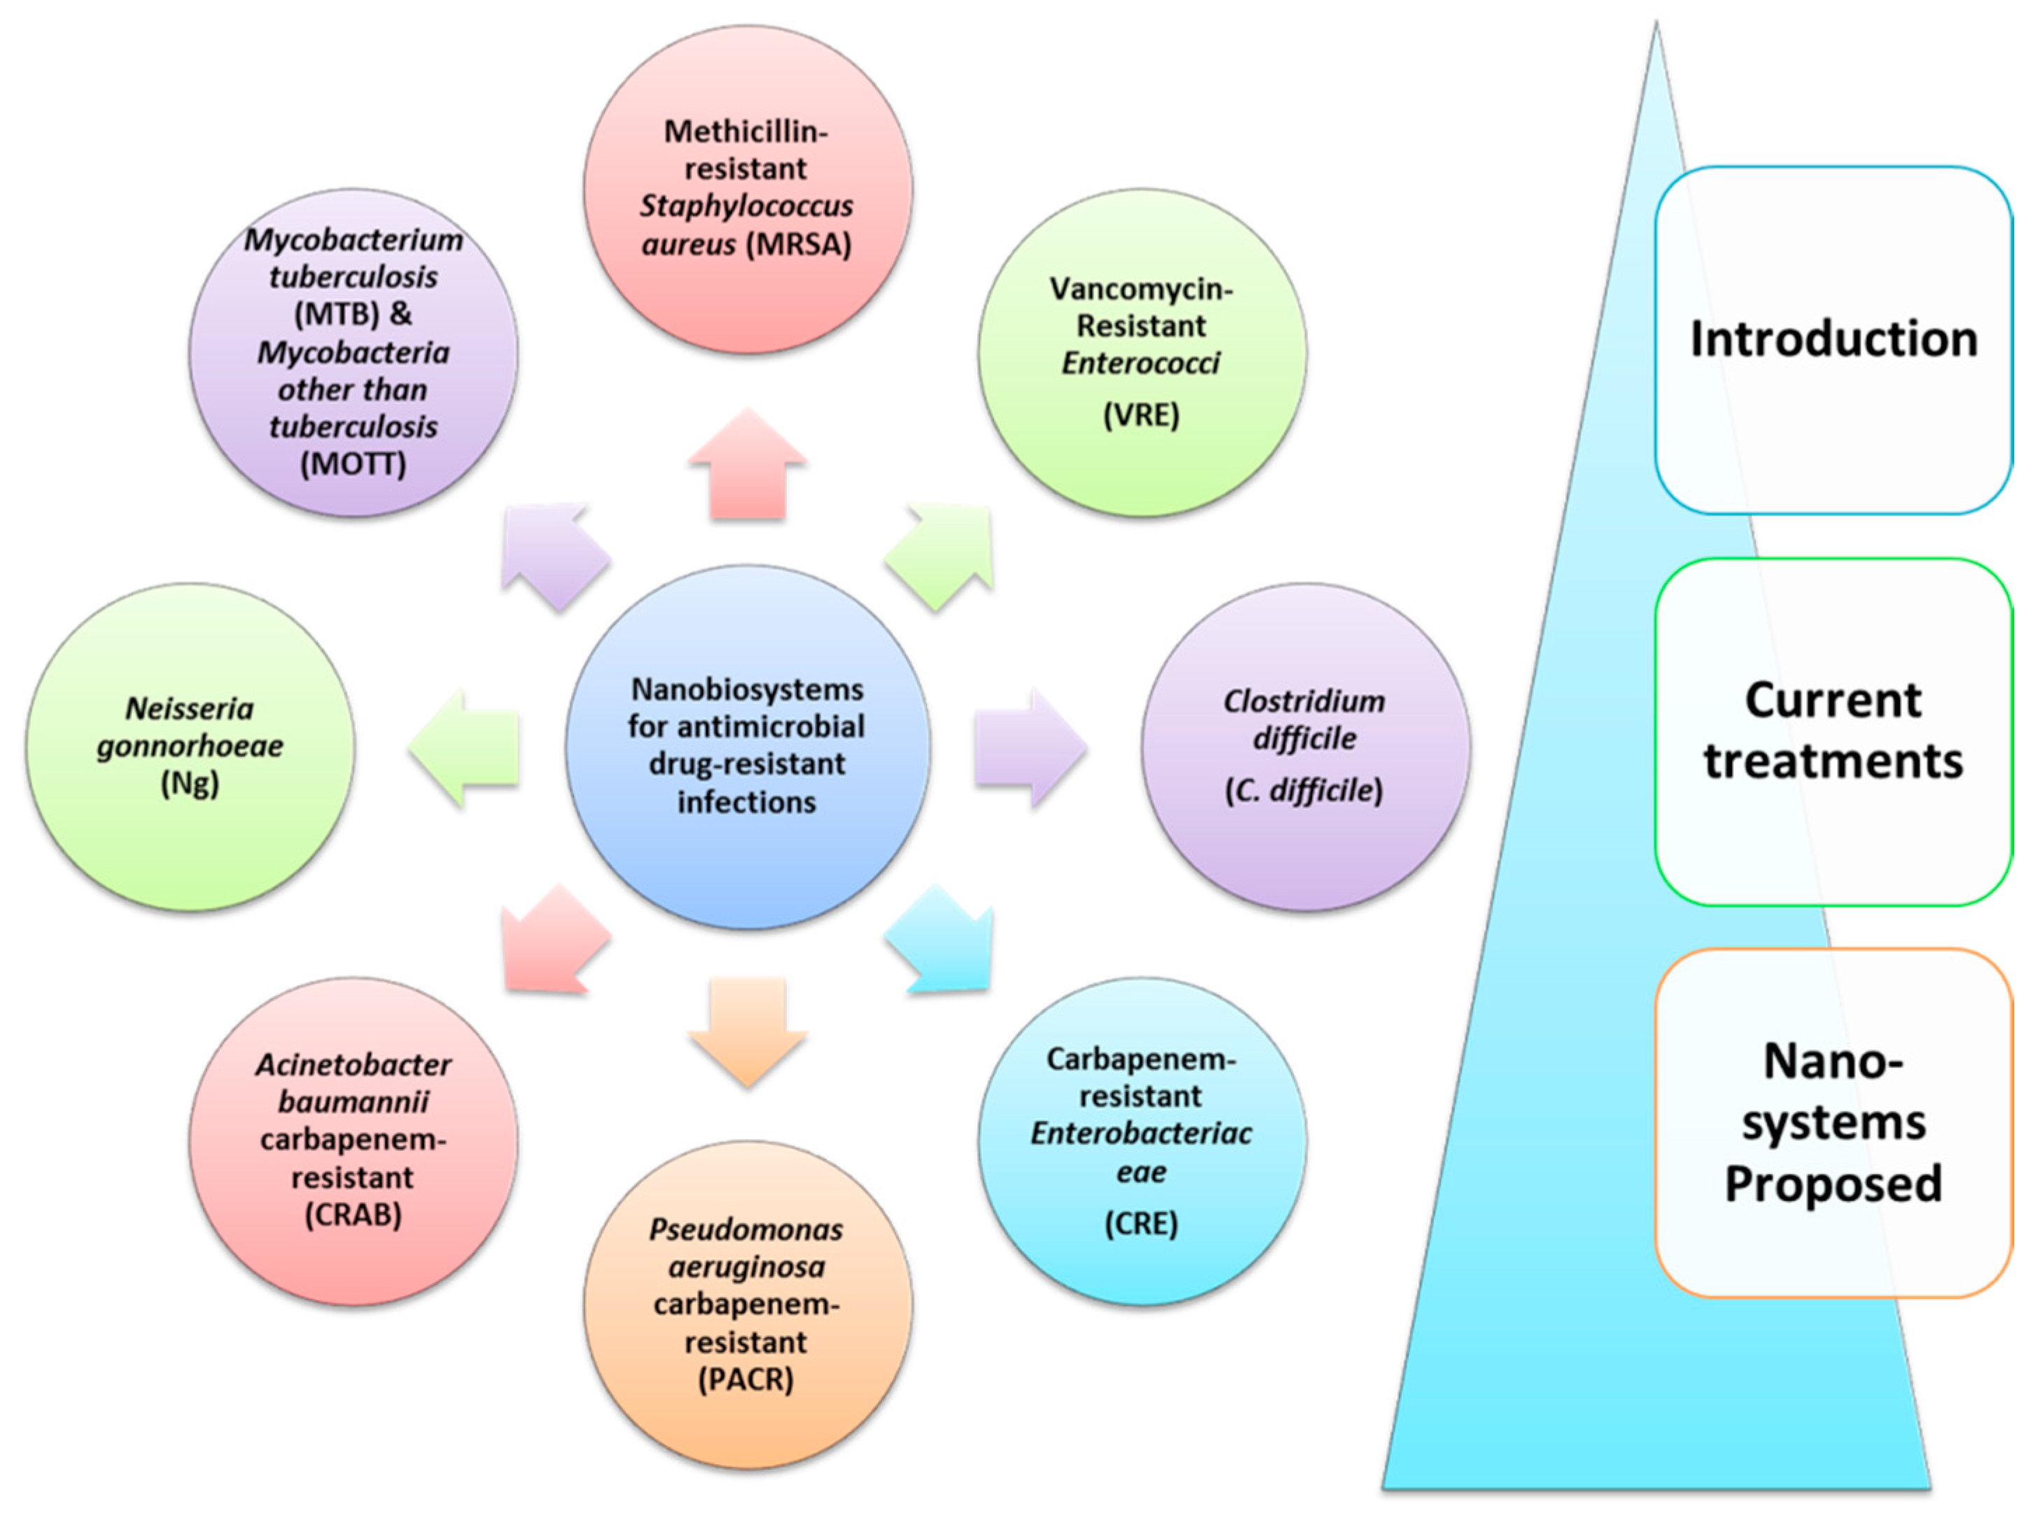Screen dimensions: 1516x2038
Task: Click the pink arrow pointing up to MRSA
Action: point(747,468)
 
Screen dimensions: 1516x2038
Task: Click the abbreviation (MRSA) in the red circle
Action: point(798,244)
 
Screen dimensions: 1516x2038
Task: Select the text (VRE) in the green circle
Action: point(1140,415)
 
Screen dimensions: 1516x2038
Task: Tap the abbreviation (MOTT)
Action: point(354,464)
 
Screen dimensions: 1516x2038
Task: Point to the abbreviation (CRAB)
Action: point(354,1214)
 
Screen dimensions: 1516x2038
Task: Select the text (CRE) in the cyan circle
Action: point(1140,1223)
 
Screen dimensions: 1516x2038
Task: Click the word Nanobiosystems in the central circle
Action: point(748,688)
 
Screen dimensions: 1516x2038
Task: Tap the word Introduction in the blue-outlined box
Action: point(1834,340)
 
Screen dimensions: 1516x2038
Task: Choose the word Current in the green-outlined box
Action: point(1834,701)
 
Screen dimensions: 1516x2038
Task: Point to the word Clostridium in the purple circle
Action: point(1304,701)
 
